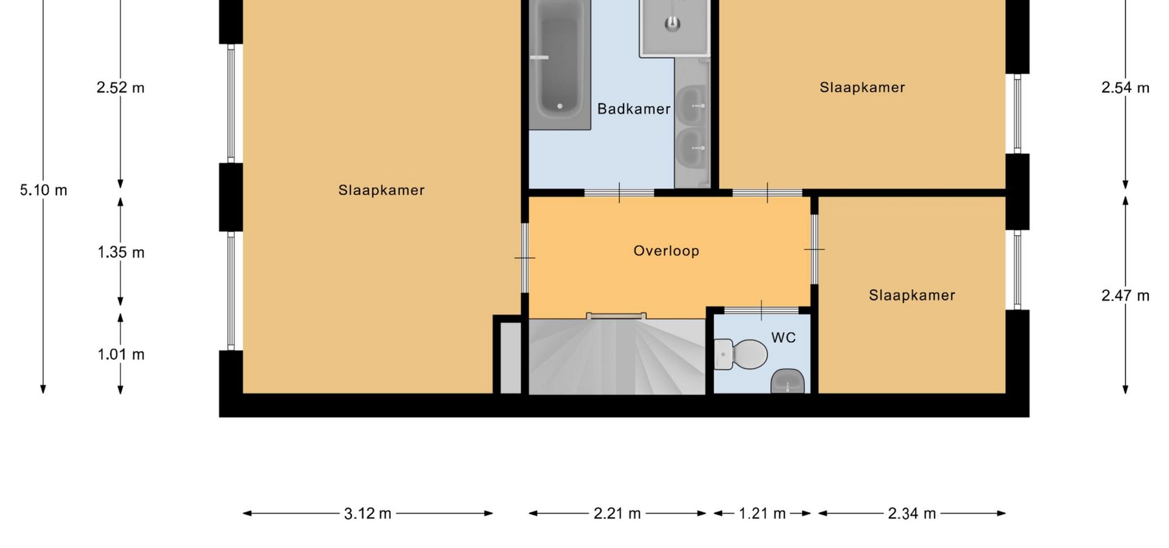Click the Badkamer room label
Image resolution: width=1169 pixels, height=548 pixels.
click(x=634, y=109)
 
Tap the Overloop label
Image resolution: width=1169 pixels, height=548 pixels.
click(x=666, y=251)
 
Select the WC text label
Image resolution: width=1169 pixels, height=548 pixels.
click(x=784, y=338)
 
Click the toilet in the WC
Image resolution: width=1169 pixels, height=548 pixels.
click(x=740, y=354)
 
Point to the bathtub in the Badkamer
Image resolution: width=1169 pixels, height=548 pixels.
click(x=560, y=64)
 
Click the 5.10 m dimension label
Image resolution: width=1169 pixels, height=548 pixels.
click(x=43, y=190)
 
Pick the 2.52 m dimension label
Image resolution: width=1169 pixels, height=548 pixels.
click(x=121, y=88)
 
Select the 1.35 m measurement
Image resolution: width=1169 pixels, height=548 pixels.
click(x=121, y=252)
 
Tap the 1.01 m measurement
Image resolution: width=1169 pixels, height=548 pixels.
click(x=121, y=354)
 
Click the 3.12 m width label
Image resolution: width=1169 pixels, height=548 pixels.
click(x=368, y=514)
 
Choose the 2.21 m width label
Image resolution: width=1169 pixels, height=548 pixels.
click(x=617, y=514)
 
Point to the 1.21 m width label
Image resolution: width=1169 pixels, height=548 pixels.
click(x=762, y=514)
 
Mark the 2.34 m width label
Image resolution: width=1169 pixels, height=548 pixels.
click(x=912, y=514)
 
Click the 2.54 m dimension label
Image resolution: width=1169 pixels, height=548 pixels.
click(x=1125, y=88)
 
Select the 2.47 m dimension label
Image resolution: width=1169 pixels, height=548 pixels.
click(x=1125, y=296)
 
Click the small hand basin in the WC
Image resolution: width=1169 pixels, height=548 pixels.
click(x=788, y=382)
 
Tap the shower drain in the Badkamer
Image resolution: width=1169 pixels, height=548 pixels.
click(x=672, y=23)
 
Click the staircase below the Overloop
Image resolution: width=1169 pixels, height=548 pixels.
click(x=617, y=357)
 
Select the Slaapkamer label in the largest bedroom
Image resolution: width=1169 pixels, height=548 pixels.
click(x=382, y=190)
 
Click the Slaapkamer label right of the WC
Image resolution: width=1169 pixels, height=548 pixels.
click(x=912, y=295)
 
